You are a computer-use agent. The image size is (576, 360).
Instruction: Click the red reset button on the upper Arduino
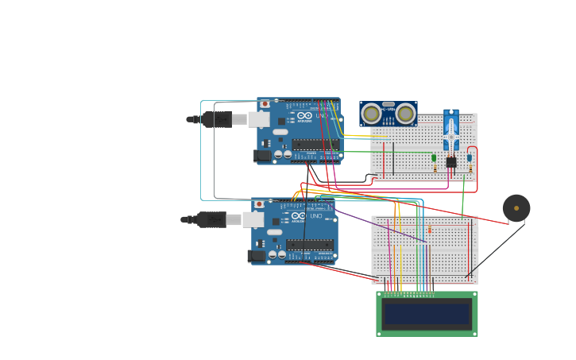[265, 104]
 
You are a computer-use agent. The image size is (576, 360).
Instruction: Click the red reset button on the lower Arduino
[259, 204]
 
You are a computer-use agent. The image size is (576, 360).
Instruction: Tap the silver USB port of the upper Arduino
[259, 119]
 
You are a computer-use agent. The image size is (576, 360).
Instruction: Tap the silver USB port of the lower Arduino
[253, 219]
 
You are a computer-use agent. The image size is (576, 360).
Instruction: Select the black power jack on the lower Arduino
[257, 256]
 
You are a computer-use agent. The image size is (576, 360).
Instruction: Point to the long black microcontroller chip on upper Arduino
[315, 145]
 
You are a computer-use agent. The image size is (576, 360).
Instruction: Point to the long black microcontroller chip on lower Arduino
[310, 245]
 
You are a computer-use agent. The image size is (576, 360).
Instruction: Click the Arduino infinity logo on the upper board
[305, 116]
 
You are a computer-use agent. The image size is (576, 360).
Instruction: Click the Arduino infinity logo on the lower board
[299, 216]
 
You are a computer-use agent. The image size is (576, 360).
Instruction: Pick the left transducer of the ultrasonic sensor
[371, 114]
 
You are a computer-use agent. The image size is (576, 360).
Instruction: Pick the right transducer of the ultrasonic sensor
[405, 114]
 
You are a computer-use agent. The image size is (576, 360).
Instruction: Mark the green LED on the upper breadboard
[434, 158]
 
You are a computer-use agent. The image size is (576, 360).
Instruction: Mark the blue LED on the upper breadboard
[469, 158]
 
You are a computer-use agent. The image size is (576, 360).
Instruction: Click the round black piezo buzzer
[516, 208]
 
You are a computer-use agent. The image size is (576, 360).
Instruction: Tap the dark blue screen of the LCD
[427, 314]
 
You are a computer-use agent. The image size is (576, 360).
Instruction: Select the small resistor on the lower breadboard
[430, 230]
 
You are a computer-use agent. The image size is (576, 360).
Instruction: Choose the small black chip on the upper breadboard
[451, 162]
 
